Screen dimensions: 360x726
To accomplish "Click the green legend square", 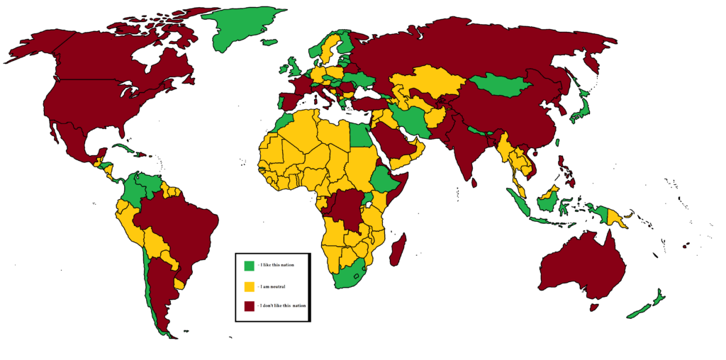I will [249, 266].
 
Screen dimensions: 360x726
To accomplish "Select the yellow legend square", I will [249, 286].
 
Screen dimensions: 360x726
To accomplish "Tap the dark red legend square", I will [249, 306].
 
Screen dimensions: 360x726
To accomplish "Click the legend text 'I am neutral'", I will [272, 287].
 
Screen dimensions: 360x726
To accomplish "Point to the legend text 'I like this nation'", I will [277, 266].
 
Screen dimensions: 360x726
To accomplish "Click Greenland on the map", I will [245, 28].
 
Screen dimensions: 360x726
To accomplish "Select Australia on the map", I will [581, 266].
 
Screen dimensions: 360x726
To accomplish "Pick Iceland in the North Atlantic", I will [269, 42].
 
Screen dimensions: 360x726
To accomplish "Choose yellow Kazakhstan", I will [425, 82].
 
